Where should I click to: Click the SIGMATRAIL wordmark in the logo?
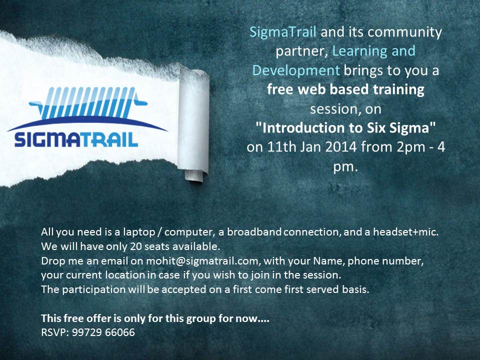(76, 140)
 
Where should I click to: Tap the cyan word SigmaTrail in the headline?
(283, 32)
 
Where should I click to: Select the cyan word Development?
(296, 70)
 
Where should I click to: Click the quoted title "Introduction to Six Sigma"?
(345, 127)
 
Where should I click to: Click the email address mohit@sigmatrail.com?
(202, 261)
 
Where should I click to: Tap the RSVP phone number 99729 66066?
(103, 332)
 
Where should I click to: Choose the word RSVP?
(53, 332)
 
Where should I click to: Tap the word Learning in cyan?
(358, 51)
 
